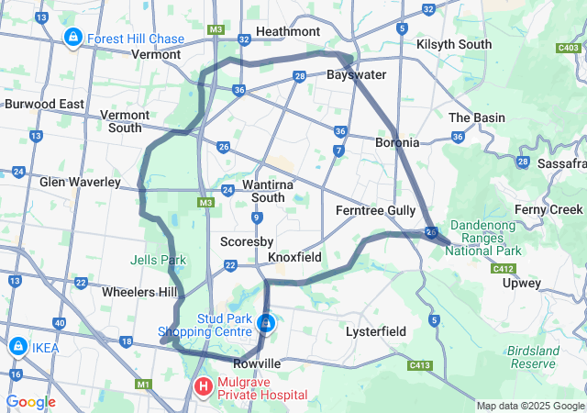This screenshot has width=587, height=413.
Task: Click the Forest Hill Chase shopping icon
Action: point(72,38)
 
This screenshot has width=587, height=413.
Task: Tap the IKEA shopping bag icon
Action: point(17,346)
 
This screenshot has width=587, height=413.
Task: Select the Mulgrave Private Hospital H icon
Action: point(203,386)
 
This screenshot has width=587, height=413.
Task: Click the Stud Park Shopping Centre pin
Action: point(266,323)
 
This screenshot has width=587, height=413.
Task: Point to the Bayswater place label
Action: point(356,74)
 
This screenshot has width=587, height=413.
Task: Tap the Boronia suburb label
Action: point(397,142)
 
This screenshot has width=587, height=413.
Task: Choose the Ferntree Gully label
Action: point(376,210)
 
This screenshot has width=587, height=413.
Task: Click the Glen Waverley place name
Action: point(80,182)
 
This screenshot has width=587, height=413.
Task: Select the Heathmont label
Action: point(287,31)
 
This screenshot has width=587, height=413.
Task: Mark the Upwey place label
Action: point(522,284)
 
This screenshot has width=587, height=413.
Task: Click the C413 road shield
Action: point(419,365)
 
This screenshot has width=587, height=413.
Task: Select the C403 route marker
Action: point(568,48)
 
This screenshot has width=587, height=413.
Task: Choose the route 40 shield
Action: point(60,322)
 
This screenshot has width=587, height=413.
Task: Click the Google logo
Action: point(30,402)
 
